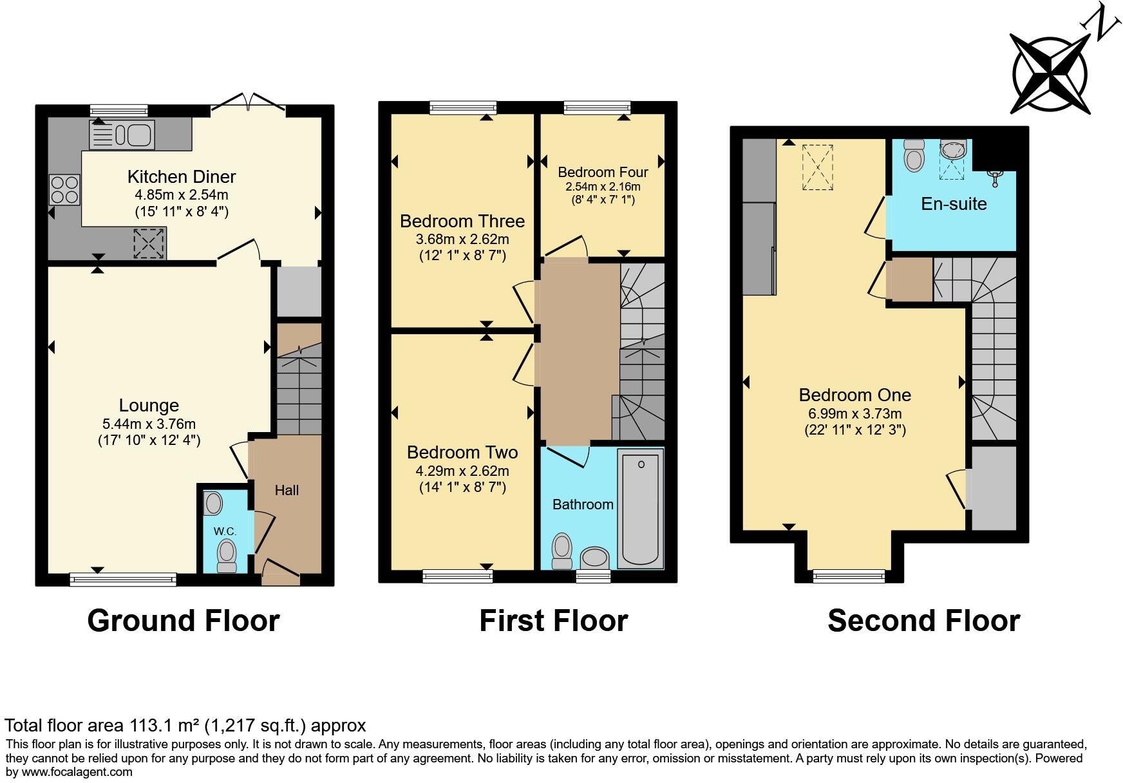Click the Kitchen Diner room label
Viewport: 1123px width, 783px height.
click(182, 176)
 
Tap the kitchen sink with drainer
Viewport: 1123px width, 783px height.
click(122, 135)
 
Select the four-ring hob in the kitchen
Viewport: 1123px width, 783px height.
click(64, 189)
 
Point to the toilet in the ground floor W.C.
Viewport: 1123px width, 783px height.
click(227, 555)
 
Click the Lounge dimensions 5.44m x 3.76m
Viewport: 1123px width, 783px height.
click(149, 424)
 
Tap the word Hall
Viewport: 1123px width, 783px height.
click(287, 490)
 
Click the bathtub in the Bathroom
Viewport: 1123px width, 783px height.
click(641, 508)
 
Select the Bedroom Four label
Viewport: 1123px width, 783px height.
click(603, 172)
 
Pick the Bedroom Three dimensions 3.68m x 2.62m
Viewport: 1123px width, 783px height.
click(462, 240)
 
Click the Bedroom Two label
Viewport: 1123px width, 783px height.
click(462, 453)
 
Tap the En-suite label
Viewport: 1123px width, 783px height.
click(954, 203)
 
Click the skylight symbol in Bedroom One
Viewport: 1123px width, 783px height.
click(817, 167)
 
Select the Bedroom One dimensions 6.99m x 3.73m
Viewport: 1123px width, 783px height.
click(854, 414)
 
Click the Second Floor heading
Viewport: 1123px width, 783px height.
click(923, 621)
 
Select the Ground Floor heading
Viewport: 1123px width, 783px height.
click(184, 621)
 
